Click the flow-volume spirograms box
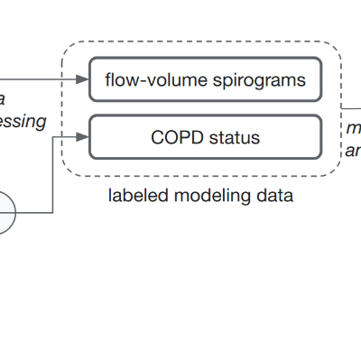[x=205, y=80]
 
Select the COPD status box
[x=205, y=138]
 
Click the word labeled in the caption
[x=134, y=195]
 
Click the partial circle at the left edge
[x=5, y=213]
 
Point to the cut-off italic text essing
[x=22, y=121]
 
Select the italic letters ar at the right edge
[x=354, y=151]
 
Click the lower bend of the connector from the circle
[x=55, y=213]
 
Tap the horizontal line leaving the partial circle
[x=34, y=213]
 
